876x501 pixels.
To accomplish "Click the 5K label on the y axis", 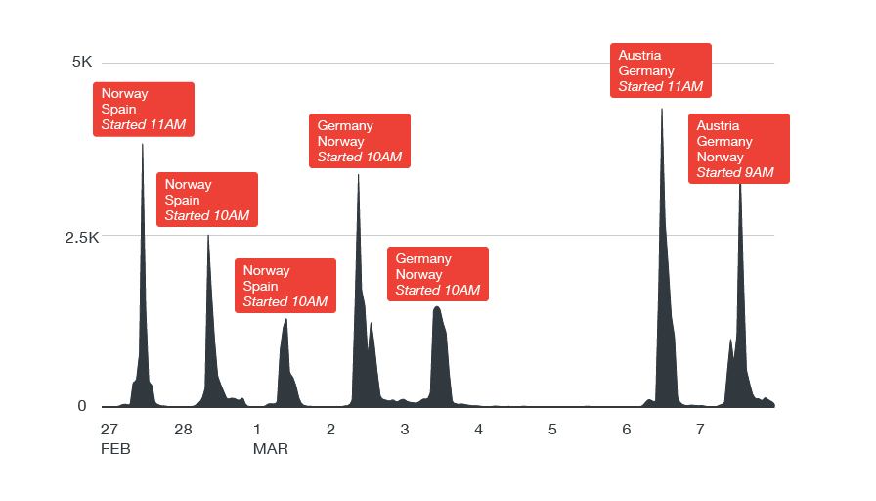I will (82, 62).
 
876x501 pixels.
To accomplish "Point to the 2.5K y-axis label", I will (75, 237).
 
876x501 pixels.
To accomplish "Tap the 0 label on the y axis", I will (82, 406).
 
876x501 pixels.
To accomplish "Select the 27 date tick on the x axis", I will (109, 430).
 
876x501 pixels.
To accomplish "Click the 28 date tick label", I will (183, 430).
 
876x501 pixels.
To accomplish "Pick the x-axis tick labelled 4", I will (478, 430).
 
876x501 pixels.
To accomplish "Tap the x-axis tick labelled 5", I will (552, 430).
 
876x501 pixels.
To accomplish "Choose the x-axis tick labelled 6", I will (626, 430).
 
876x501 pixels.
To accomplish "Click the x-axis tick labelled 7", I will (700, 430).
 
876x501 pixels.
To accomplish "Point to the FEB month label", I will (115, 449).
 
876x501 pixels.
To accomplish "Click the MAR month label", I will (271, 449).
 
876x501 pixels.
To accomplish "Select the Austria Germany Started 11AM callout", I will (661, 70).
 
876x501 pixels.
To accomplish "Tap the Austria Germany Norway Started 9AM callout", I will (738, 149).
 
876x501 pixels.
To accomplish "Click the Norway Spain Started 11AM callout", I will (144, 110).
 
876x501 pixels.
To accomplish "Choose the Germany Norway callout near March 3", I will (438, 274).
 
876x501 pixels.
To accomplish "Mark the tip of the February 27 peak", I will (143, 144).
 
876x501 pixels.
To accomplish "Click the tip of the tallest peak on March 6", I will (662, 109).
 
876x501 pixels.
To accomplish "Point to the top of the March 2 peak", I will (359, 175).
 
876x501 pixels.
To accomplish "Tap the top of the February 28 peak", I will (207, 235).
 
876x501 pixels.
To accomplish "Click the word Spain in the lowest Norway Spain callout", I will (261, 286).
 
